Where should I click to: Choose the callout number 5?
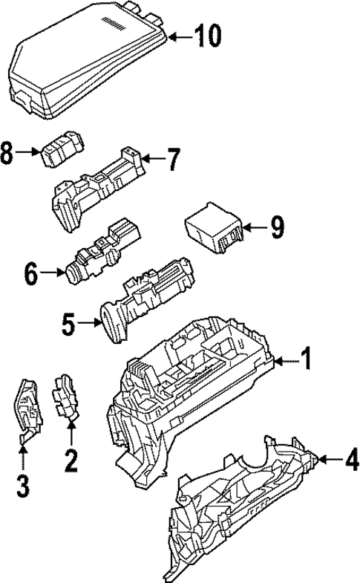click(69, 324)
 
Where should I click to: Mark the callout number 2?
click(71, 460)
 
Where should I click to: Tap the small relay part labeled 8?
click(62, 151)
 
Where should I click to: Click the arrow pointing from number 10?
click(177, 35)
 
